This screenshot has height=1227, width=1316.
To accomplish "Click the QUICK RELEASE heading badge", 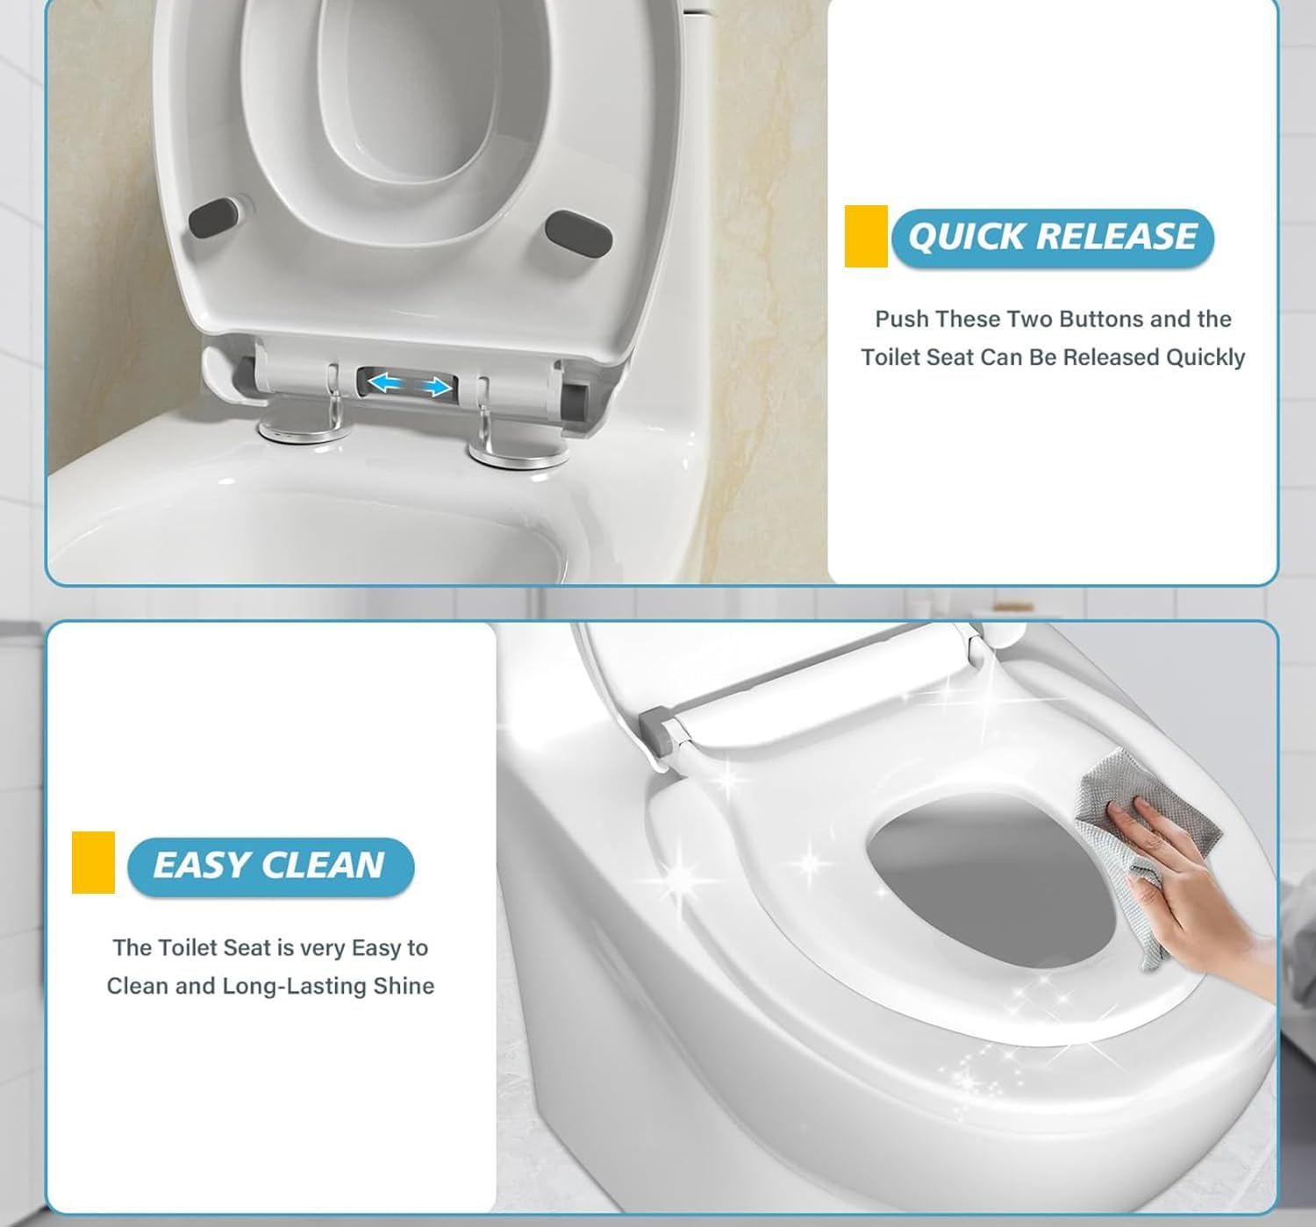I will tap(1052, 238).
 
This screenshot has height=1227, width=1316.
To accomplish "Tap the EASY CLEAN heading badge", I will tap(270, 866).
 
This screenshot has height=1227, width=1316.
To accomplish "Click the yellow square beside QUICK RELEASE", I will tap(866, 236).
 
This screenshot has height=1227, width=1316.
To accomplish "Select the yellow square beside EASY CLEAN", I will tap(93, 862).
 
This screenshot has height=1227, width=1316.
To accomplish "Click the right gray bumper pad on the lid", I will tap(578, 231).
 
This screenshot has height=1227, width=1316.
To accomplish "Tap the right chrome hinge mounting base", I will tap(516, 453).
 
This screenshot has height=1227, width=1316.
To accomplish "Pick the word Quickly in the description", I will tap(1205, 358).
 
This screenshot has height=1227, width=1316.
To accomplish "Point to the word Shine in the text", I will tap(404, 987).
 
